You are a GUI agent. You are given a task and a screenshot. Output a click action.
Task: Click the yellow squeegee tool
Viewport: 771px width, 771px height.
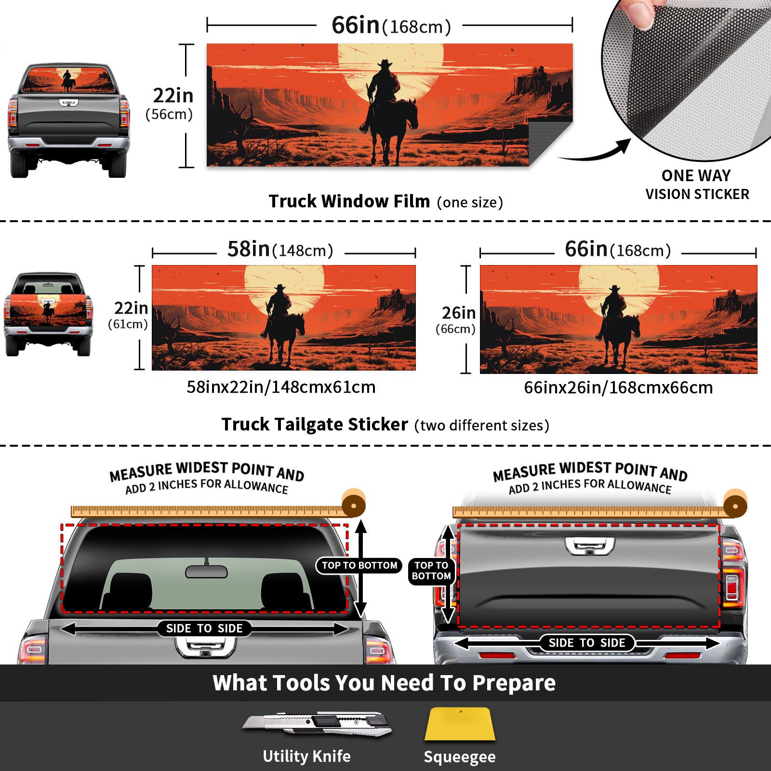(x=460, y=724)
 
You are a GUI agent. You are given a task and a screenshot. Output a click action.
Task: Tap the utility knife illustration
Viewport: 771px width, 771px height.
(x=317, y=723)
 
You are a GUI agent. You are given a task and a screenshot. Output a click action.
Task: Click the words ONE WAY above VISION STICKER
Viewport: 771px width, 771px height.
(x=696, y=175)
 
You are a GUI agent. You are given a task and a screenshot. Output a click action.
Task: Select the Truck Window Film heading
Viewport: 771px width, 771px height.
(x=349, y=201)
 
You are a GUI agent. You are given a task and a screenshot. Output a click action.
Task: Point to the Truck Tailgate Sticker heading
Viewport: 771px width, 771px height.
(x=315, y=425)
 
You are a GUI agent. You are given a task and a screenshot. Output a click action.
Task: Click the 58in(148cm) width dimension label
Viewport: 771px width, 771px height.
(x=280, y=249)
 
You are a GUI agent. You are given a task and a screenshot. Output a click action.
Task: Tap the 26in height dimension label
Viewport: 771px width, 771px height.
(x=459, y=313)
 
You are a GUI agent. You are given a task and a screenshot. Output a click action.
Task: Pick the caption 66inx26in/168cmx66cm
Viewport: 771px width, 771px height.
(x=618, y=387)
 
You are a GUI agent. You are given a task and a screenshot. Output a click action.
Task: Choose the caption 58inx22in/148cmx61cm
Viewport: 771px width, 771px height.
(x=281, y=387)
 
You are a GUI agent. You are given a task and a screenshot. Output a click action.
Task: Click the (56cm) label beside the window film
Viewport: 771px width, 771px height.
(x=169, y=114)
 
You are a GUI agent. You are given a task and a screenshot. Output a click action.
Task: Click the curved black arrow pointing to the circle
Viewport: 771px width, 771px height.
(x=595, y=150)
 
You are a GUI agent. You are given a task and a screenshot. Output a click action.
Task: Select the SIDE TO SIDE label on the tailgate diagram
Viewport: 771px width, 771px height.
(x=587, y=643)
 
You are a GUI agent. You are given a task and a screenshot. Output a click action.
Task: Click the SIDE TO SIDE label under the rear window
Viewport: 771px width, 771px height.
(x=204, y=628)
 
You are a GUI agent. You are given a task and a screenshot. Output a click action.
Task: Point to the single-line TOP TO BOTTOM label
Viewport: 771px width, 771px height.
(x=359, y=565)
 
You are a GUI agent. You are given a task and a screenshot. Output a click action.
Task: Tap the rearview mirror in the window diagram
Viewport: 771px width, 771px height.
(x=206, y=571)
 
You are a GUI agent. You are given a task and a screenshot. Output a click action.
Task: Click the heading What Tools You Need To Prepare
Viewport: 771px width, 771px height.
(x=384, y=683)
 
